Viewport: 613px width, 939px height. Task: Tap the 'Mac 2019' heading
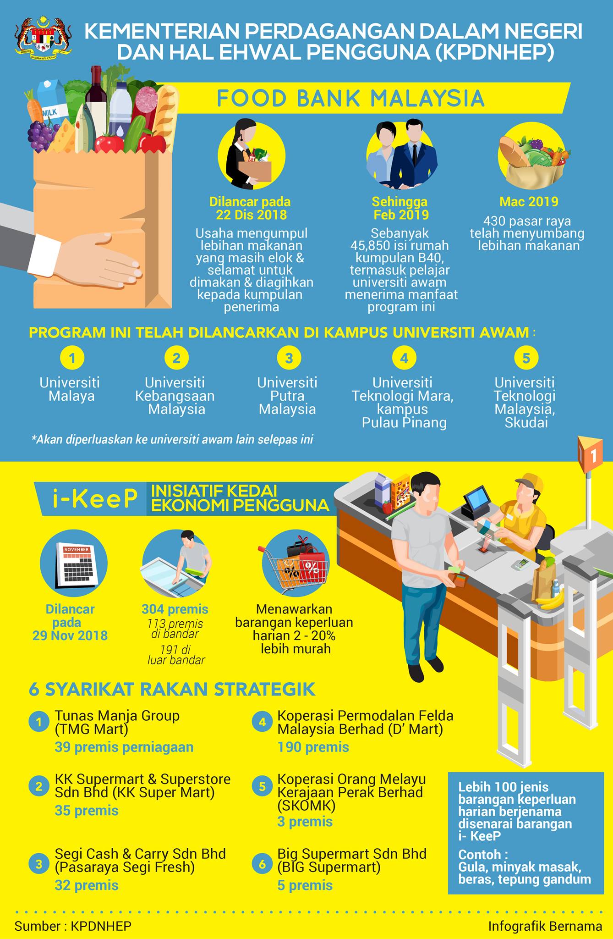tap(529, 202)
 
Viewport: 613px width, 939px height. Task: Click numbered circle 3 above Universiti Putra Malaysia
tap(289, 358)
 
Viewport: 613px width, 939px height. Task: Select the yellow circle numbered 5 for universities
tap(525, 358)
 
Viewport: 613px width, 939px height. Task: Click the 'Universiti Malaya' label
tap(70, 389)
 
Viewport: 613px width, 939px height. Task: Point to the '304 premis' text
tap(175, 609)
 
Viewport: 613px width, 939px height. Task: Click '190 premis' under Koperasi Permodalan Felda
tap(313, 747)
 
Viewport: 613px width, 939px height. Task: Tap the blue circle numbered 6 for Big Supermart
tap(263, 864)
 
